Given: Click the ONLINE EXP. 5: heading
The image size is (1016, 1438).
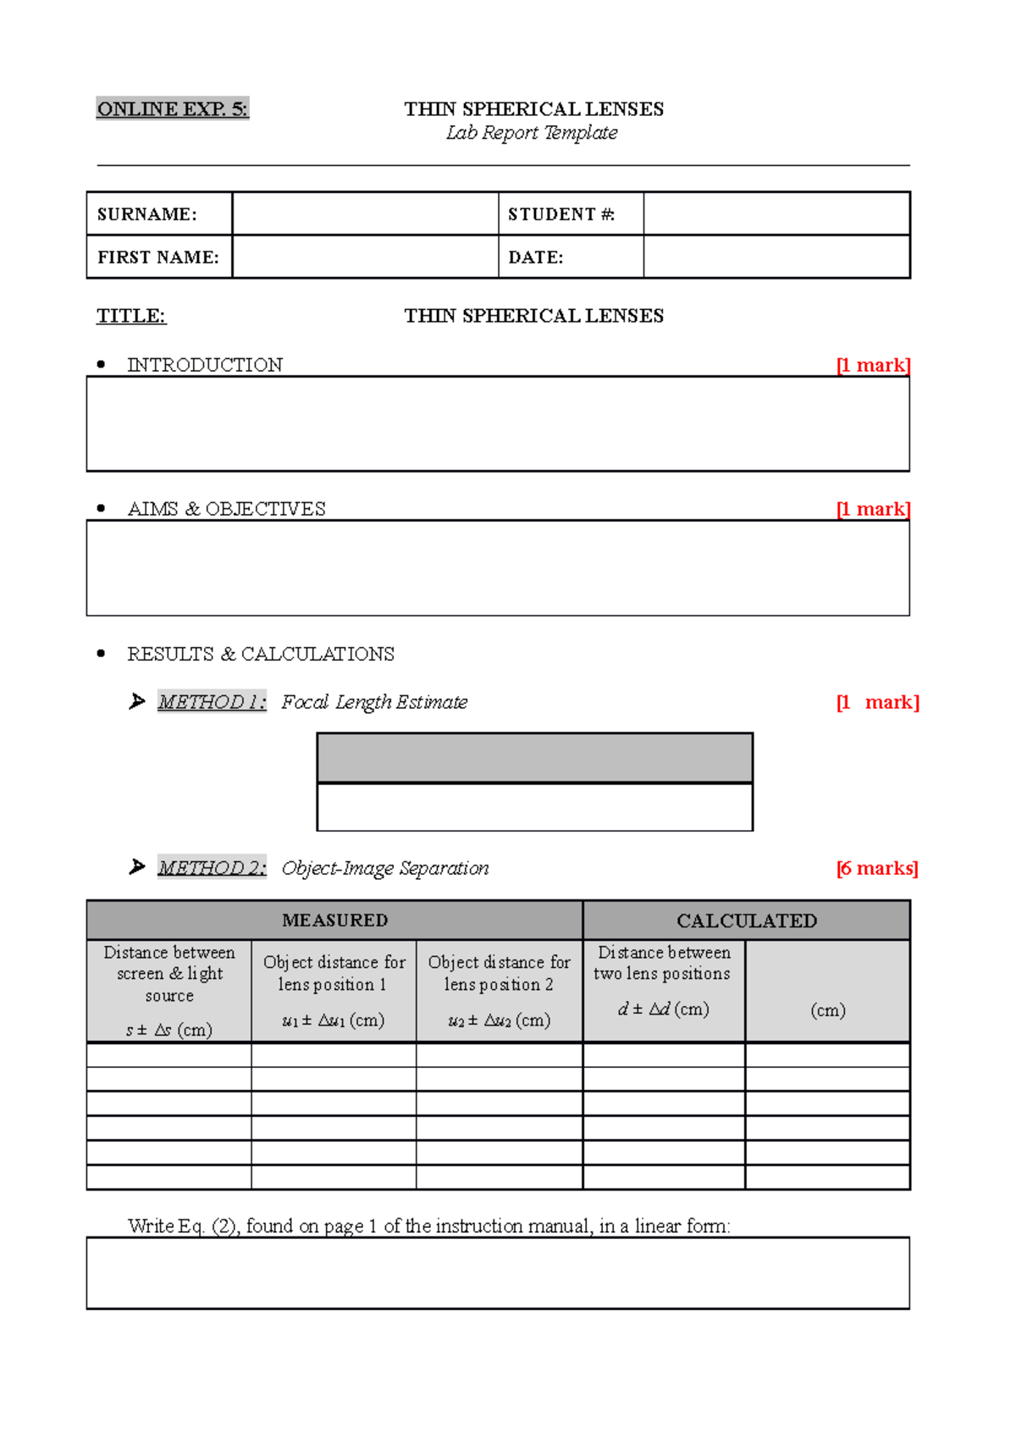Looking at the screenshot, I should pos(172,109).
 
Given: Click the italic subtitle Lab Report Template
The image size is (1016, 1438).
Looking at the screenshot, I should pos(532,133).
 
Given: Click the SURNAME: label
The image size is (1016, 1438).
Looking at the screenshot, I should pos(147,214).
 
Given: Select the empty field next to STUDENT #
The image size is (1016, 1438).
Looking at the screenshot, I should pos(776,213).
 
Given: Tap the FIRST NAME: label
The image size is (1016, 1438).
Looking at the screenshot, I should pos(158,257).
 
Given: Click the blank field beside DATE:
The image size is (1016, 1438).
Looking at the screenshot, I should pos(776,257).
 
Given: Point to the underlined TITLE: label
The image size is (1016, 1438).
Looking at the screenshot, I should pos(131,316).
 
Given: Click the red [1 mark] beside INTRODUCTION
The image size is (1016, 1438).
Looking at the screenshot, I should pos(873,365).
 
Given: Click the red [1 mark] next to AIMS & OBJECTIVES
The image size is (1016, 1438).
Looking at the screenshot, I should pos(873,509).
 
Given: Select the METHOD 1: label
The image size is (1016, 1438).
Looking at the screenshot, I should pos(212,702).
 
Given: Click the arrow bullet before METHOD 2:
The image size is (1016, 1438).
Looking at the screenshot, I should pos(137,867).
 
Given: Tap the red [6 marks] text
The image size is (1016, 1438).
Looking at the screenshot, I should pos(877,868).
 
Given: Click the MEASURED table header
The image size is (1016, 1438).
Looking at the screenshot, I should pos(334,921).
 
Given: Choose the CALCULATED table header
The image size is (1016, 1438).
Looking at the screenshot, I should pos(746,921).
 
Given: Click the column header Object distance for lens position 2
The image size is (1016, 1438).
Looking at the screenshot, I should pos(500,973).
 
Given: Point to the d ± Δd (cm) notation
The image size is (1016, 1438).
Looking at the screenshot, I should pos(664,1009).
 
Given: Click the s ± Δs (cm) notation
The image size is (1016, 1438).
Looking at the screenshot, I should pos(169,1030).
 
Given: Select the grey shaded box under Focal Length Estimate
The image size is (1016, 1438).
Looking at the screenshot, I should pos(534,758).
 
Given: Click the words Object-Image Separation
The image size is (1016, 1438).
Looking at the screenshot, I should pos(385,868).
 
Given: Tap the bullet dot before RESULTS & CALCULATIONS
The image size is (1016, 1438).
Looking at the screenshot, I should pos(102,654).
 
